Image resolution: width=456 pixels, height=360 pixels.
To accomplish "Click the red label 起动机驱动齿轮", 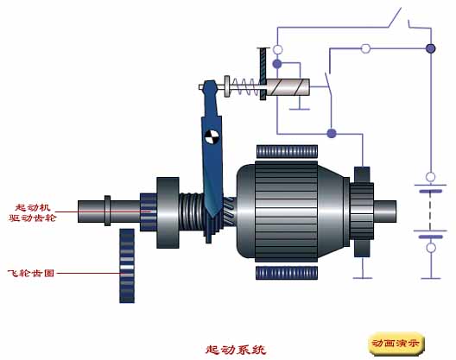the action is click(32, 212).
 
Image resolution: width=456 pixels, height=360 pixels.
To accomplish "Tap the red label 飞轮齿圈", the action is click(31, 273).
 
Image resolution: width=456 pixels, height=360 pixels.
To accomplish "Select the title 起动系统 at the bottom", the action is click(236, 350).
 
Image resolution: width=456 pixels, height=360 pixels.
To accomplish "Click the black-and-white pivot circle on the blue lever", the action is click(212, 137).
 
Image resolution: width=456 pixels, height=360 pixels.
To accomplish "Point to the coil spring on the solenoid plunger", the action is click(244, 86).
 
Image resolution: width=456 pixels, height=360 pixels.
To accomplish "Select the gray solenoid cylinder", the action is click(288, 87).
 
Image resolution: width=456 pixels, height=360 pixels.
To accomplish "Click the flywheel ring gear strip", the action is click(127, 266).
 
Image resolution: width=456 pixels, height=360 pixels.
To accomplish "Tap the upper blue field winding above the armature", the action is click(287, 151).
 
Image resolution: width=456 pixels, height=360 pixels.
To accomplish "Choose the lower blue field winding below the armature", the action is click(287, 273).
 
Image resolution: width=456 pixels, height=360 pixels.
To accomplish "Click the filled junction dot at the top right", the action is click(430, 48).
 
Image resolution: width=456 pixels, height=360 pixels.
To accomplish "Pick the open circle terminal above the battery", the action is click(430, 176).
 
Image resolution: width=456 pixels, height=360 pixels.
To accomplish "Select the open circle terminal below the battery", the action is click(431, 248).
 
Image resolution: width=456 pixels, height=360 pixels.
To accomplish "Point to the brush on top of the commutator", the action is click(362, 174).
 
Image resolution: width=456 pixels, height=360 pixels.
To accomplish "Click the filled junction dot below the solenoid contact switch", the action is click(332, 134).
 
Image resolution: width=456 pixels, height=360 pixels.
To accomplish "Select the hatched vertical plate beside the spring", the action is click(263, 74).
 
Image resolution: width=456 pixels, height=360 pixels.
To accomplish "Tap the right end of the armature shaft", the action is click(396, 212).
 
